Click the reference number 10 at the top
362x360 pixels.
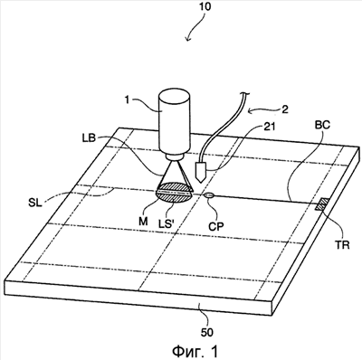(205, 6)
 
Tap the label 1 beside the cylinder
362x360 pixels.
(128, 100)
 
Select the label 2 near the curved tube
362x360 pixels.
(285, 109)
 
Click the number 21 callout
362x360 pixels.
(270, 127)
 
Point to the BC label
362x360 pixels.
(322, 124)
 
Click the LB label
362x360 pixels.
(89, 138)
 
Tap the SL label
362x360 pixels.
(35, 204)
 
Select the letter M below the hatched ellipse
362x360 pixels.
(144, 222)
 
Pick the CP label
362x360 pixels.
(216, 226)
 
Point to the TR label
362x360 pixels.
(343, 244)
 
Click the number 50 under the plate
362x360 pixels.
(206, 332)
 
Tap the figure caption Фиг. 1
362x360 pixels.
(195, 351)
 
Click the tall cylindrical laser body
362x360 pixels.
(176, 124)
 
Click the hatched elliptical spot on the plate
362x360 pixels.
(174, 195)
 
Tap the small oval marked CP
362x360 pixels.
(209, 195)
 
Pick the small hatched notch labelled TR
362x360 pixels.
(322, 204)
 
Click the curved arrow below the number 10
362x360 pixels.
(195, 28)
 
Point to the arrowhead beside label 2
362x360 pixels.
(250, 111)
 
